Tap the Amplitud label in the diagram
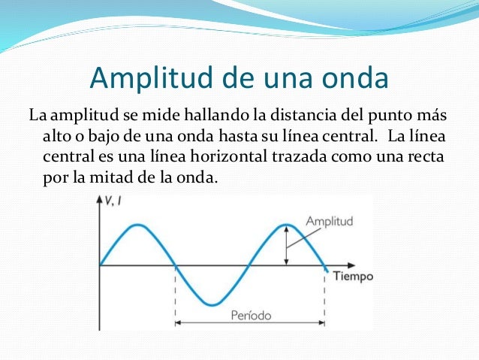(329, 222)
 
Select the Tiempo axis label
(353, 276)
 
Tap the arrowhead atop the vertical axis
(100, 200)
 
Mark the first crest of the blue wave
(137, 225)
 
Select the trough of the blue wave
(213, 304)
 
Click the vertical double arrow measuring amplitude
(286, 244)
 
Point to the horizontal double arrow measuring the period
(250, 324)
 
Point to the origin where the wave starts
(100, 265)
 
